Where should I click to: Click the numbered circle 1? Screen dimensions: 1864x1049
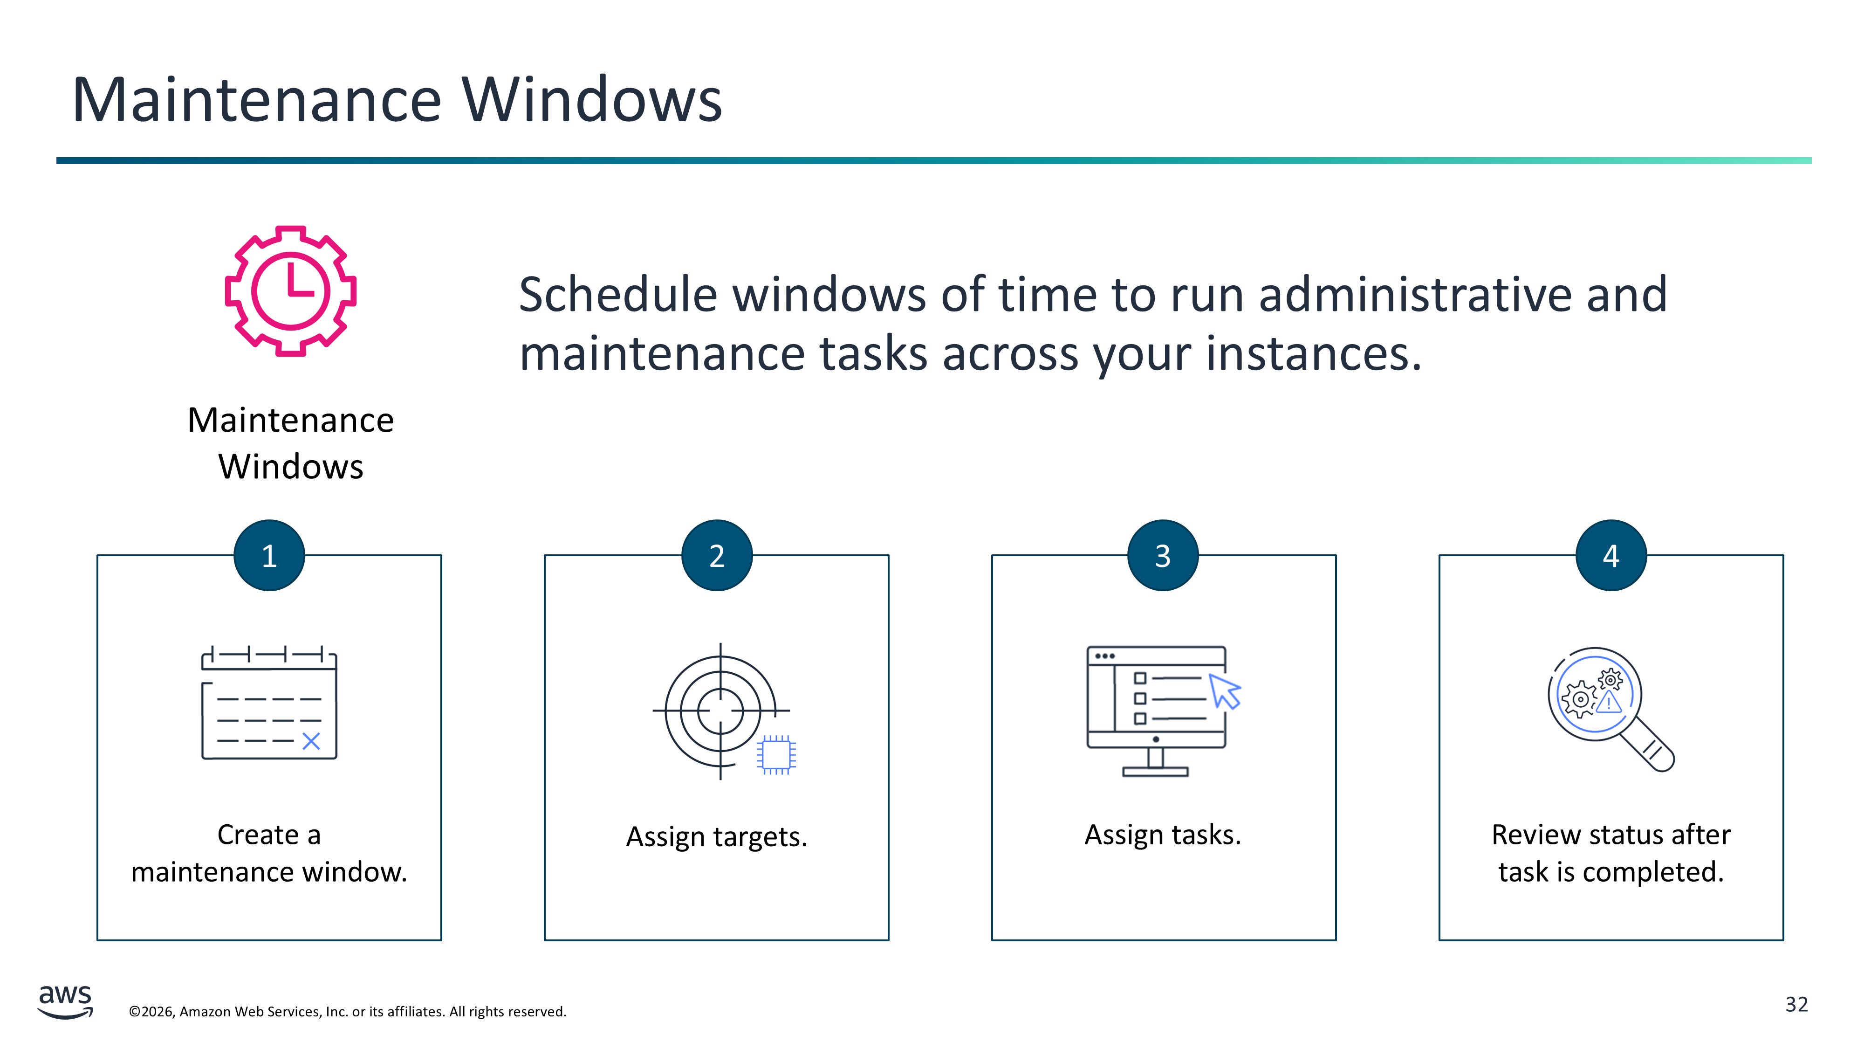tap(269, 555)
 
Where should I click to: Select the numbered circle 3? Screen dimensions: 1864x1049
tap(1163, 555)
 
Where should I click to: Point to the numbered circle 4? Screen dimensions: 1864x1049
tap(1611, 555)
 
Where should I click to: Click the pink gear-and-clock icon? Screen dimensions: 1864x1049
tap(290, 290)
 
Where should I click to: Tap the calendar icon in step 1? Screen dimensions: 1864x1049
tap(269, 702)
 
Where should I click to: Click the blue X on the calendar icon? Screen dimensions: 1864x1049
tap(311, 741)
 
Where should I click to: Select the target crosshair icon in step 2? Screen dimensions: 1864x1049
tap(721, 711)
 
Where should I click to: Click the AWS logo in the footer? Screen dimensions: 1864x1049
tap(65, 1001)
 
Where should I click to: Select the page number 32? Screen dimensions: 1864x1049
tap(1797, 1004)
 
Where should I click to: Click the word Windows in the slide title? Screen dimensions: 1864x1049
tap(592, 99)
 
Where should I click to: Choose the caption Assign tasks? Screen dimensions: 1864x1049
tap(1163, 835)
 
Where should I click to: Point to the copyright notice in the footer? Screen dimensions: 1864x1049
tap(347, 1011)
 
